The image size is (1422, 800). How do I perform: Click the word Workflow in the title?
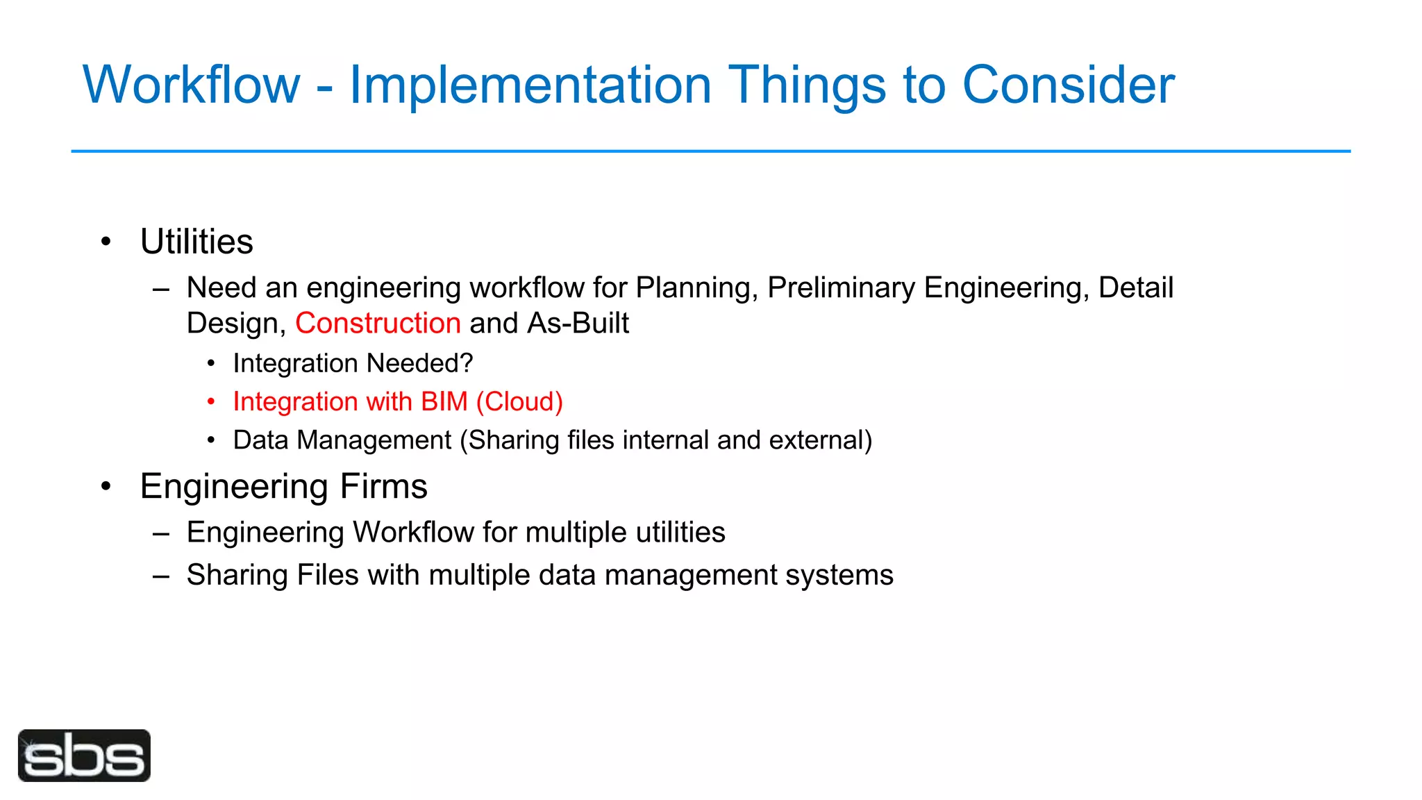pos(192,85)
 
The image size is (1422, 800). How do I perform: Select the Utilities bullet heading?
pos(196,242)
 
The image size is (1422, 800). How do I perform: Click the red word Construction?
pos(378,324)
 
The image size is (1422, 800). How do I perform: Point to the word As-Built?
pos(578,324)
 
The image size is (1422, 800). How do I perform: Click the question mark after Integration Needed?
pos(467,363)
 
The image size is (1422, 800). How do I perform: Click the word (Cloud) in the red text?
pos(519,402)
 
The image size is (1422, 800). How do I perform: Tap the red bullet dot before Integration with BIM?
pos(211,402)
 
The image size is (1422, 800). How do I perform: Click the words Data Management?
pos(342,440)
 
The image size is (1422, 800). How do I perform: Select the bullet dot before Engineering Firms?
pos(106,486)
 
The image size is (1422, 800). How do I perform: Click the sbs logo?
pos(84,756)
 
